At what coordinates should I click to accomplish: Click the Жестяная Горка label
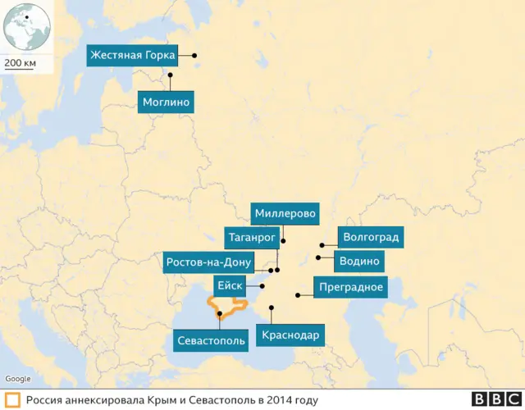[x=133, y=56]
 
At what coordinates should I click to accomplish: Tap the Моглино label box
[x=166, y=102]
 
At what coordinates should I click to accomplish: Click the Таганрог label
[x=251, y=238]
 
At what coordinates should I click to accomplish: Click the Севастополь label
[x=211, y=340]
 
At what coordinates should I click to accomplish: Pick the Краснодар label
[x=289, y=335]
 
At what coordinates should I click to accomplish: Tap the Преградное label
[x=349, y=287]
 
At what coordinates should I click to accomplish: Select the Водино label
[x=360, y=262]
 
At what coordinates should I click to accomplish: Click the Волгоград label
[x=372, y=239]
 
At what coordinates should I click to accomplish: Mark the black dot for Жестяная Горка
[x=195, y=56]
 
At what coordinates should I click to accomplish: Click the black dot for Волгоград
[x=322, y=244]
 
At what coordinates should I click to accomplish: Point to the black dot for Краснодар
[x=271, y=308]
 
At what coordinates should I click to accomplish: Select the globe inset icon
[x=26, y=28]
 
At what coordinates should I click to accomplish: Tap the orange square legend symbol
[x=11, y=400]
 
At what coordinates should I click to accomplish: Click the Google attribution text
[x=18, y=378]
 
